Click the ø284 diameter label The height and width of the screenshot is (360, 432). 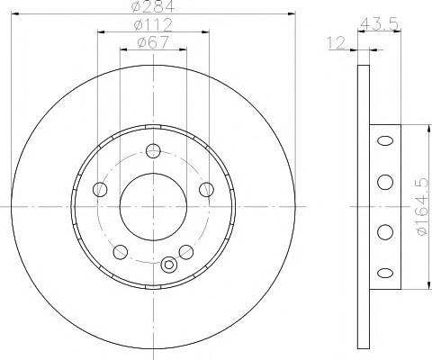click(x=153, y=6)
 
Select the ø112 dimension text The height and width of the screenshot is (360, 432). click(x=153, y=24)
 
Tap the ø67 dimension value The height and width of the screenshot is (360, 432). click(x=153, y=42)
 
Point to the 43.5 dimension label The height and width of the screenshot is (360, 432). click(x=379, y=23)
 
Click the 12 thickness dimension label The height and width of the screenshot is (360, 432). click(x=337, y=43)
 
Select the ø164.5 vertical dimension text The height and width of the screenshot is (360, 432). click(x=422, y=206)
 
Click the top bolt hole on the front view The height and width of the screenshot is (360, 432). click(x=153, y=150)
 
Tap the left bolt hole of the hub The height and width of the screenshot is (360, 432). click(x=100, y=189)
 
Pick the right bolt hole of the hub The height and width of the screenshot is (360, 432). click(x=207, y=189)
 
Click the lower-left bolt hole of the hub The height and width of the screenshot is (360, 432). click(x=121, y=252)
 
